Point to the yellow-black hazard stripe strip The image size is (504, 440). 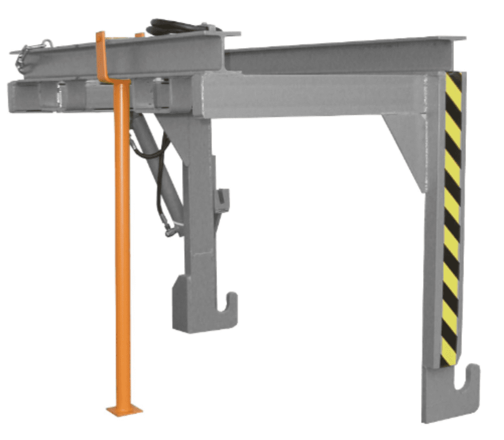(452, 217)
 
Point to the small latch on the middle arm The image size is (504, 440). (223, 199)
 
